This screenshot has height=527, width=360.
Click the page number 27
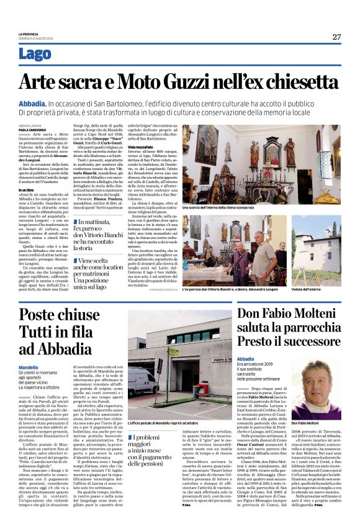(336, 37)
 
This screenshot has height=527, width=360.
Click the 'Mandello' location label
(28, 367)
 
